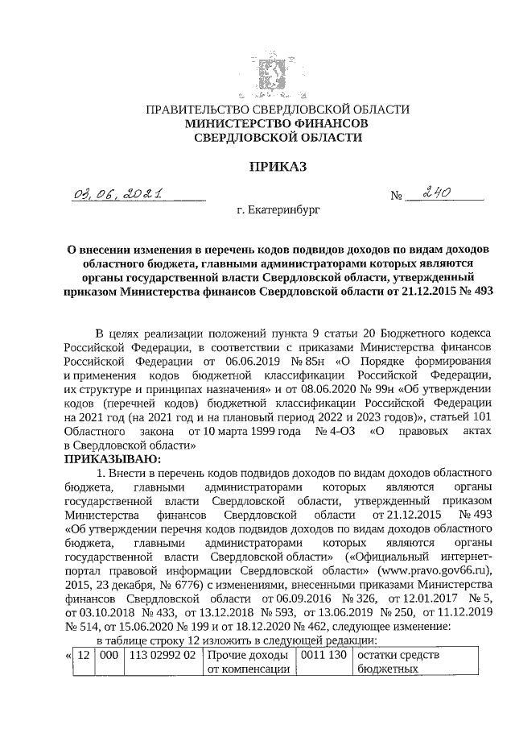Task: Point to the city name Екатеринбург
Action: coord(278,211)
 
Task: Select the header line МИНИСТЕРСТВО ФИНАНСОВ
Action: coord(277,124)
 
